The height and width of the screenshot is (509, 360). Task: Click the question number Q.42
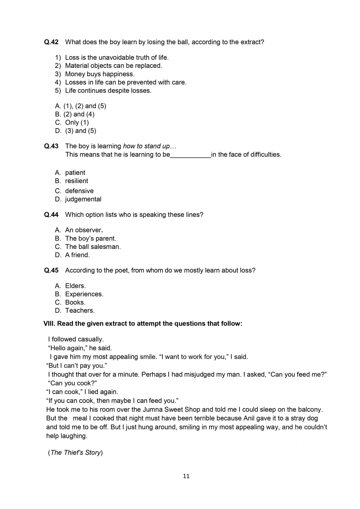51,42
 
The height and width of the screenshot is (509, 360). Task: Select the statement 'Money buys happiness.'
100,74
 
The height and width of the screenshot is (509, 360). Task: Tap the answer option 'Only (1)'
77,122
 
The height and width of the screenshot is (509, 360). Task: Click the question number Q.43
51,146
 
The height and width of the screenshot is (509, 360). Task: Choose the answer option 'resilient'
76,181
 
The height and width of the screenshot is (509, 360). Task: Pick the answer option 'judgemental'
83,199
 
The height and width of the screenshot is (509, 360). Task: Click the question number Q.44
51,215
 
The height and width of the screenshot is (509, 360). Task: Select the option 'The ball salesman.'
93,247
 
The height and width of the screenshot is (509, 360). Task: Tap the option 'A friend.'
77,255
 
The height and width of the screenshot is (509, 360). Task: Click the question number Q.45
51,270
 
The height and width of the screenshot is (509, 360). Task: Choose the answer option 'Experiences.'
84,294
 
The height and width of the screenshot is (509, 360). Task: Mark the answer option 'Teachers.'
80,311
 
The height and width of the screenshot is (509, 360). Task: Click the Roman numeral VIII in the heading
49,324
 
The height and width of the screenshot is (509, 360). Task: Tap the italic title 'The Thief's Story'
76,453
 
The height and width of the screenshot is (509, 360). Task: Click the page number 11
186,476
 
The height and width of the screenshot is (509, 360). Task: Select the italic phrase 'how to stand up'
146,146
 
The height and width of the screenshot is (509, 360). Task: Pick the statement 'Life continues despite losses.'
108,91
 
